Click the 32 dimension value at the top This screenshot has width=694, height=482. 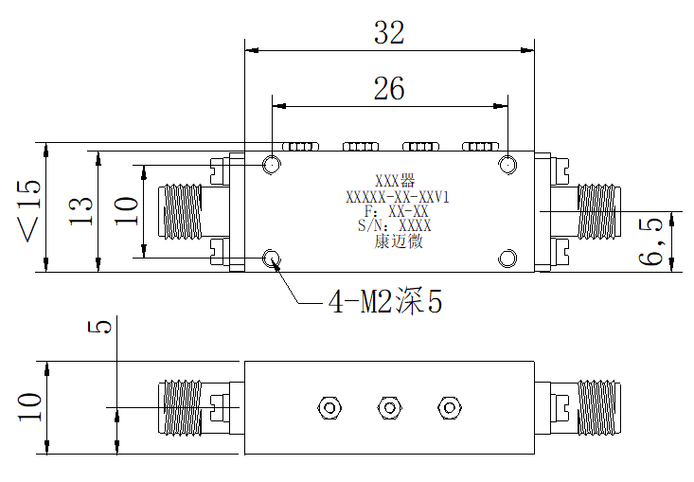pyautogui.click(x=389, y=32)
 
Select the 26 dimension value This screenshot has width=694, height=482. pyautogui.click(x=389, y=88)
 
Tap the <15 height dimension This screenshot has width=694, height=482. pyautogui.click(x=29, y=210)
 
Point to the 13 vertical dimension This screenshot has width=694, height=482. pyautogui.click(x=80, y=211)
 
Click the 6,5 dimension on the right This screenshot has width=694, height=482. pyautogui.click(x=650, y=241)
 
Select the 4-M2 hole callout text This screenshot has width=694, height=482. pyautogui.click(x=385, y=301)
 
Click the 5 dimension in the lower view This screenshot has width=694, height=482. pyautogui.click(x=99, y=327)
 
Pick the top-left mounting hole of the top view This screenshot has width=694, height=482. pyautogui.click(x=272, y=165)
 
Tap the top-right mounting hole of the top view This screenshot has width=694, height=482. pyautogui.click(x=507, y=165)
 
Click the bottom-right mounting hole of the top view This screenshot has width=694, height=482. pyautogui.click(x=507, y=259)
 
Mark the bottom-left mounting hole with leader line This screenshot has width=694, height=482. pyautogui.click(x=272, y=258)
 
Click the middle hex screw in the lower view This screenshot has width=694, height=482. pyautogui.click(x=389, y=407)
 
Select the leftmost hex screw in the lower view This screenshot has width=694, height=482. pyautogui.click(x=329, y=407)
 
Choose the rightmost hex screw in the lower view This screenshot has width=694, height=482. pyautogui.click(x=449, y=407)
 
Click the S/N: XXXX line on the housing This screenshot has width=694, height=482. pyautogui.click(x=395, y=225)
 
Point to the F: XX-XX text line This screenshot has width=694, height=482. pyautogui.click(x=397, y=210)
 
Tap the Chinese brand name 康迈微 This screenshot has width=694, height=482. pyautogui.click(x=399, y=241)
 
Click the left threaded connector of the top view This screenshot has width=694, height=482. pyautogui.click(x=180, y=211)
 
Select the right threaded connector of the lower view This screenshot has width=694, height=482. pyautogui.click(x=598, y=407)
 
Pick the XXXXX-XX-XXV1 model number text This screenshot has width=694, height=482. pyautogui.click(x=398, y=197)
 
